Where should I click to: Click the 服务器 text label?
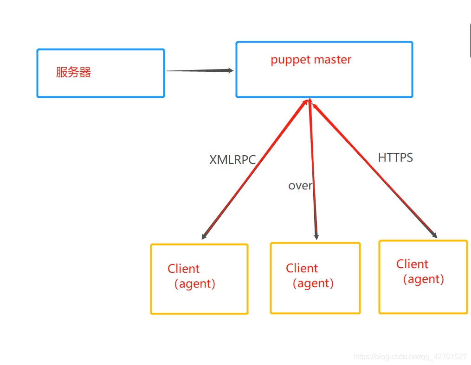tap(73, 72)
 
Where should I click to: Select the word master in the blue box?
tap(333, 60)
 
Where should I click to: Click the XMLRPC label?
tap(232, 160)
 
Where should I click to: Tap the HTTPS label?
tap(395, 157)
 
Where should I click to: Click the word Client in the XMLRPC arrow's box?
tap(183, 269)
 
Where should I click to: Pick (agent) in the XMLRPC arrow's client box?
tap(195, 283)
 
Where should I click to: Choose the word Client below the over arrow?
tap(302, 268)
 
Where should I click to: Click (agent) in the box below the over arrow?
tap(313, 283)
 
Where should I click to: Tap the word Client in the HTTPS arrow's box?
tap(412, 264)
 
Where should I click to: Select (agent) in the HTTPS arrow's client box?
tap(423, 279)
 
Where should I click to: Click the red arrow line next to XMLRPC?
tap(260, 162)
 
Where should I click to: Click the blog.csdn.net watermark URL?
tap(410, 357)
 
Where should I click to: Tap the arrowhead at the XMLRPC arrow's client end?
tap(204, 237)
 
